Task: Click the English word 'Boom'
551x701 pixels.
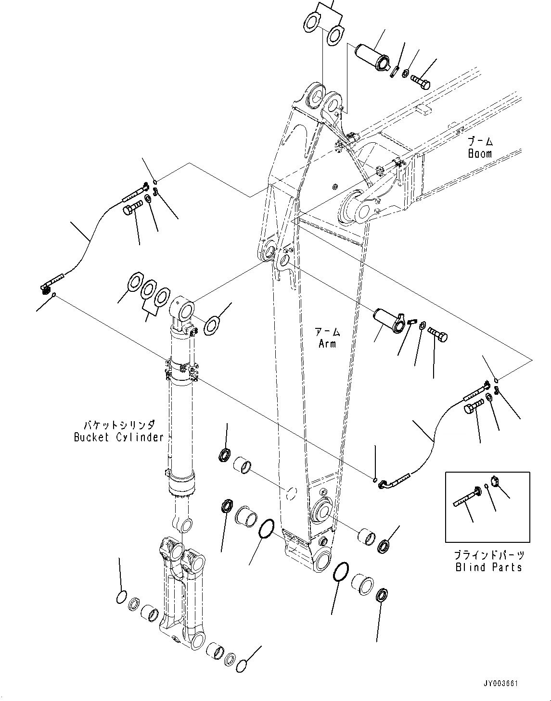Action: [x=480, y=154]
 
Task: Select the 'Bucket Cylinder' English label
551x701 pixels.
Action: [x=118, y=437]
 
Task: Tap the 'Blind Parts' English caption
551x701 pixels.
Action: [x=488, y=567]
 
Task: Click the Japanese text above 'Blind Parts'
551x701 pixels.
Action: [x=488, y=555]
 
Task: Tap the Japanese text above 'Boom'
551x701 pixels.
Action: [x=480, y=141]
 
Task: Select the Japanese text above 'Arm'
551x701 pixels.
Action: [x=327, y=332]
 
